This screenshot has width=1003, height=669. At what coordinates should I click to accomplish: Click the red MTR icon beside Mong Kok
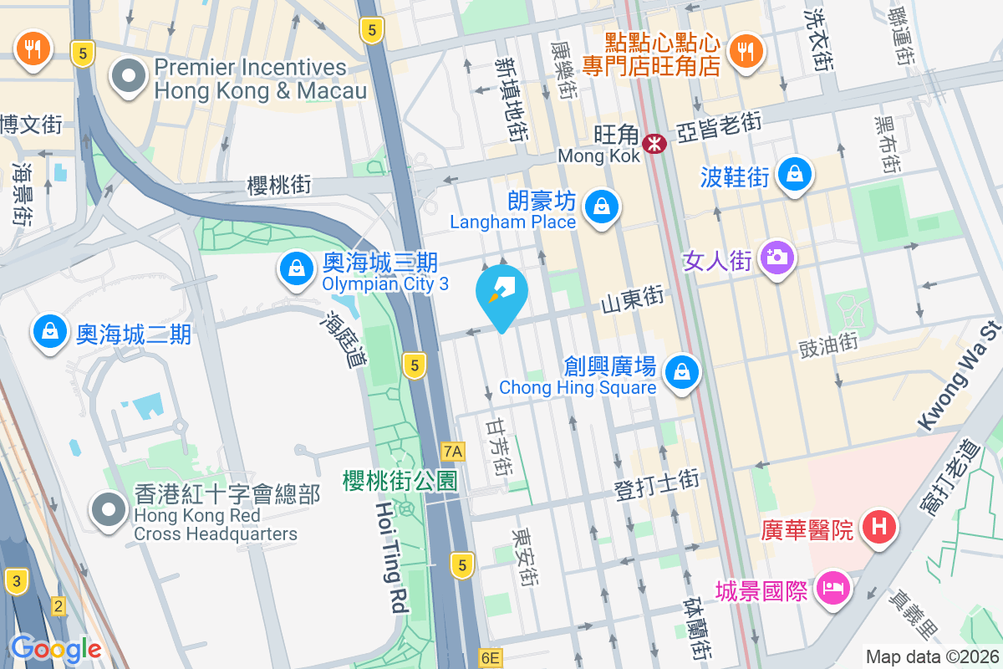point(654,145)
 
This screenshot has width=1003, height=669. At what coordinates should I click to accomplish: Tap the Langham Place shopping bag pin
point(600,205)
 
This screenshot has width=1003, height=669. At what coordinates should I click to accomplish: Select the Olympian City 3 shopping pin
point(296,268)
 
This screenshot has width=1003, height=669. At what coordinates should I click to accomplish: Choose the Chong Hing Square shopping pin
point(682,371)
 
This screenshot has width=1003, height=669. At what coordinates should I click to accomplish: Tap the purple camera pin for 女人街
point(777,257)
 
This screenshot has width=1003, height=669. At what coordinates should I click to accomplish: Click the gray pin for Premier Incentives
point(129,77)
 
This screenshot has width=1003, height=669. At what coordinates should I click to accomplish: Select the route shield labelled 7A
point(452,452)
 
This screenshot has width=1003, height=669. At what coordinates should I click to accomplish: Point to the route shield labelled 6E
point(490,658)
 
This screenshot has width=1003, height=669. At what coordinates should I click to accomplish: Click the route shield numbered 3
point(15,580)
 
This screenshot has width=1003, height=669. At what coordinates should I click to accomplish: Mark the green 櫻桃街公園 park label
point(400,481)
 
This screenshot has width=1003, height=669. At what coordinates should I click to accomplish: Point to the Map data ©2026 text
point(931,656)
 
